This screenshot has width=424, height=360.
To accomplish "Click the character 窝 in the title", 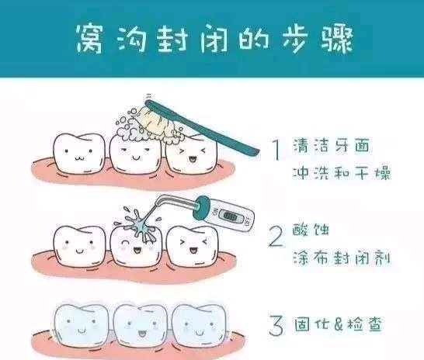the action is click(x=89, y=38).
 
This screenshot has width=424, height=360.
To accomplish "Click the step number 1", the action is click(x=276, y=151).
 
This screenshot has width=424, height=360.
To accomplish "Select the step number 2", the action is click(x=276, y=237).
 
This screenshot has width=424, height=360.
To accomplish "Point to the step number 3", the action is click(x=276, y=325).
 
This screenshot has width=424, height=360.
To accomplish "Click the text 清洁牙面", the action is click(x=331, y=145).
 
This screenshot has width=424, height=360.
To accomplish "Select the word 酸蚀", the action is click(x=311, y=230).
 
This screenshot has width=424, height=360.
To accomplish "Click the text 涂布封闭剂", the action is click(x=342, y=258).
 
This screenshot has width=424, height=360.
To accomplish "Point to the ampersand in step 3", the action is click(x=339, y=324).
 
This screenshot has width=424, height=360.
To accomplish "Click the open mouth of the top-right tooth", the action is click(x=192, y=159).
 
